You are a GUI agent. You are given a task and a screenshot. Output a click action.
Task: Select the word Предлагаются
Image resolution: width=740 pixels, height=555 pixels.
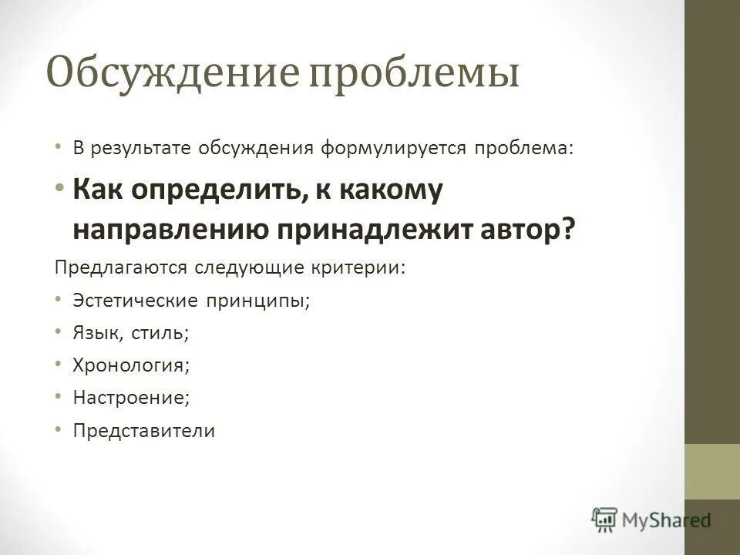tap(119, 267)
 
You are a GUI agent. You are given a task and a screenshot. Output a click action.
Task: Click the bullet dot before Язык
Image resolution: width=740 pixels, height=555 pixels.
tap(60, 331)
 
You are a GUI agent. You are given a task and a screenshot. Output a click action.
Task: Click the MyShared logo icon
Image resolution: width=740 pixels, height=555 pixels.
tap(605, 520)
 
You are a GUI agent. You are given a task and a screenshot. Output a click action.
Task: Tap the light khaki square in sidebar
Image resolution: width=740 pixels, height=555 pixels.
tap(711, 473)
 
